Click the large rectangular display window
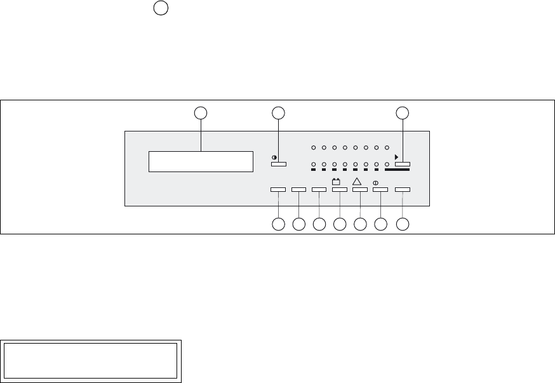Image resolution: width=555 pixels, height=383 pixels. click(x=201, y=161)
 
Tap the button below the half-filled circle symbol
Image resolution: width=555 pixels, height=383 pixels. click(x=279, y=165)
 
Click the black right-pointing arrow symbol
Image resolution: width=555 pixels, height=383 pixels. click(x=397, y=157)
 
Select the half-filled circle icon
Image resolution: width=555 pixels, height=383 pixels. click(x=274, y=157)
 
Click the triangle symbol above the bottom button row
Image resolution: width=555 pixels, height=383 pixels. click(x=357, y=182)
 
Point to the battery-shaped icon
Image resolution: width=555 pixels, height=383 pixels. click(x=337, y=182)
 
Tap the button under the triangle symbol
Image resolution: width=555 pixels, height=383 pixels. click(x=360, y=189)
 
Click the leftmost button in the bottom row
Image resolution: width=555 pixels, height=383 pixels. click(x=278, y=189)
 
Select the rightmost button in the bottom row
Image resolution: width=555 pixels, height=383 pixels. click(x=403, y=189)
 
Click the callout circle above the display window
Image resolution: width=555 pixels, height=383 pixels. click(x=201, y=113)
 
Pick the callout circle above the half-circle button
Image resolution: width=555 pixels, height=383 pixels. click(x=278, y=113)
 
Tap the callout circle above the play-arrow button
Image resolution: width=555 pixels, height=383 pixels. click(x=403, y=113)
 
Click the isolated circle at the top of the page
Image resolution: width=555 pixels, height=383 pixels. click(x=161, y=8)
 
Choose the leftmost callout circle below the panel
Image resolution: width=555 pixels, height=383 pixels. click(x=278, y=224)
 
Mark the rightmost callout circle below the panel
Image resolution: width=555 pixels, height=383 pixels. click(x=403, y=224)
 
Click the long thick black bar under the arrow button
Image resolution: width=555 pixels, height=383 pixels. click(x=398, y=170)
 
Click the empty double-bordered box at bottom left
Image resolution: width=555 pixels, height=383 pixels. click(x=91, y=361)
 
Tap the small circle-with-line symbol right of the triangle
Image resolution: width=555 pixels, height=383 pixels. click(x=376, y=182)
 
